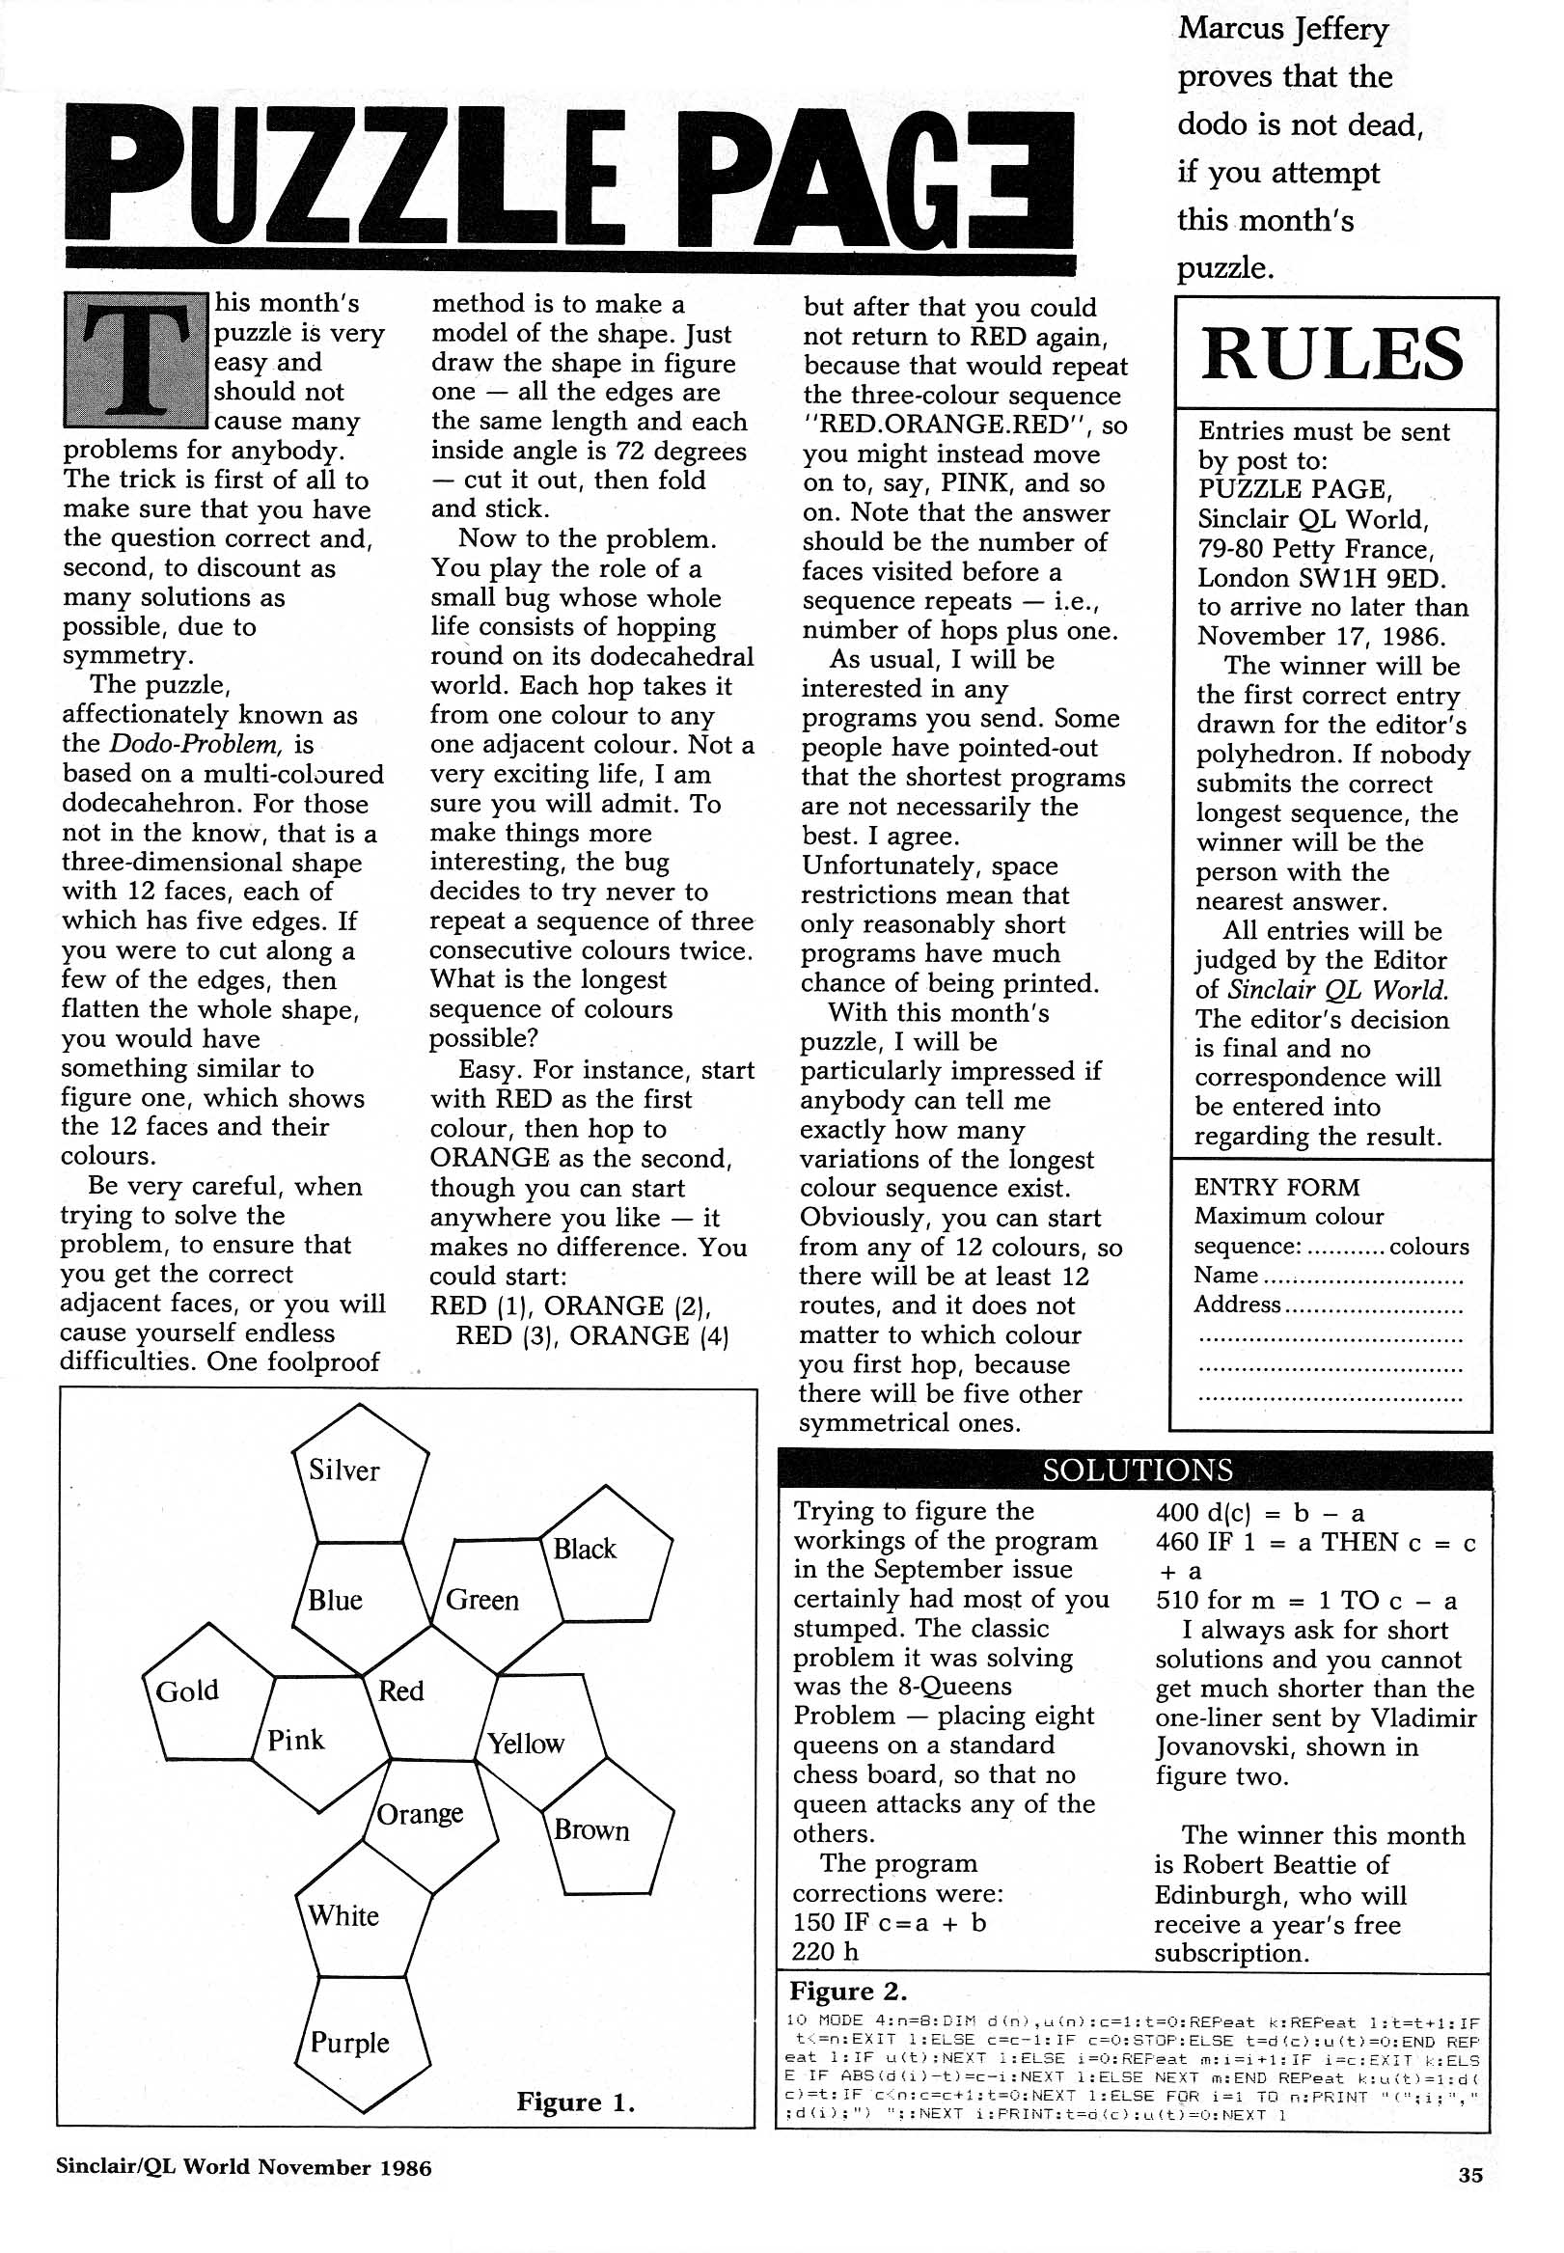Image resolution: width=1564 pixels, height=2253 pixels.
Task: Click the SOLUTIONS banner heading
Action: tap(1137, 1470)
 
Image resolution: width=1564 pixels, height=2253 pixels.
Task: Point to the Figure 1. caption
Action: tap(575, 2102)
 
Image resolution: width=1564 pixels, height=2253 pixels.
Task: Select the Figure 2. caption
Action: tap(848, 1991)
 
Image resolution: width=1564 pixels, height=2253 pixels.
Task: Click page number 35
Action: tap(1469, 2175)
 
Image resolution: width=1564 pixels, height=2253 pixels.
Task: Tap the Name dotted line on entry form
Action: tap(1362, 1277)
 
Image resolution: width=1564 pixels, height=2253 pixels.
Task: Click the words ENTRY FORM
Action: tap(1276, 1187)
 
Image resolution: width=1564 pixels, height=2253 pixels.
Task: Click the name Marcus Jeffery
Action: tap(1283, 29)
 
